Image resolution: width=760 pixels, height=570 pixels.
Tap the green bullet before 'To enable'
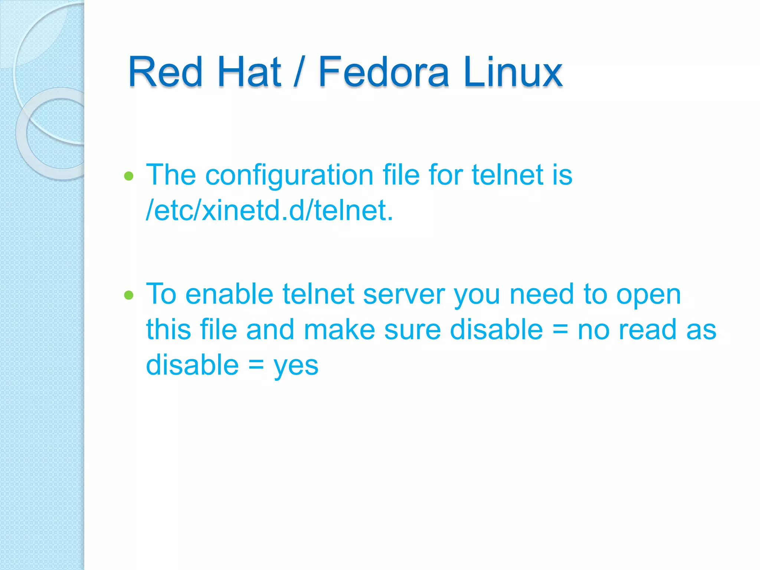pos(129,295)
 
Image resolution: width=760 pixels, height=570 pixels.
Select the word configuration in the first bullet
pos(289,175)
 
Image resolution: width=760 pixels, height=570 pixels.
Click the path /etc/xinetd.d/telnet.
pos(269,210)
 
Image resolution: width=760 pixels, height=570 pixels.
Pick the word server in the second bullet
pos(404,294)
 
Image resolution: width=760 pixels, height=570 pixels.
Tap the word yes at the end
pos(296,366)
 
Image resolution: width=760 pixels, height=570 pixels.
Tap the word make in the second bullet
pos(339,330)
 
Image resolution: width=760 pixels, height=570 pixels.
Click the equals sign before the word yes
pos(256,366)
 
